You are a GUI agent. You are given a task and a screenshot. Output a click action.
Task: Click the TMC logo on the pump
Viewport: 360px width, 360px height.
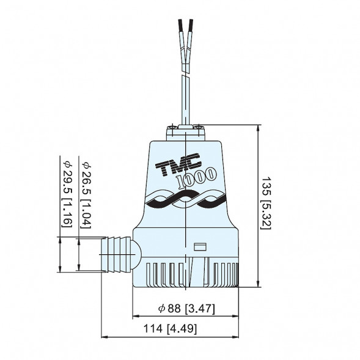[178, 164]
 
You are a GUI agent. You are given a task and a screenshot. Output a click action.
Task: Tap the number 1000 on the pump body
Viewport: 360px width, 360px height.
[197, 178]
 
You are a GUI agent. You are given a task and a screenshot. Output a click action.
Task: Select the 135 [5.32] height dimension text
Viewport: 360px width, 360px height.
[266, 203]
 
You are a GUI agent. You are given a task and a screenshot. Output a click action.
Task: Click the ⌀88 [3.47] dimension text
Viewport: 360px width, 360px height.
[186, 308]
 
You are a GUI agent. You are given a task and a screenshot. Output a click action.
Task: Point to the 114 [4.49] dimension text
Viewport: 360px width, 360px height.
[170, 329]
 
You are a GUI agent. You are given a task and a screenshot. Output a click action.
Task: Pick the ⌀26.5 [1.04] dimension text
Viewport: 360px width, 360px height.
[87, 195]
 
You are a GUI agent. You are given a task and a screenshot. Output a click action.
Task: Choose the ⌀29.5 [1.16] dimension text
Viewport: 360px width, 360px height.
[67, 194]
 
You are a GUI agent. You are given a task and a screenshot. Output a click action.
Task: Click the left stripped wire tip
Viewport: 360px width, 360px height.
[180, 26]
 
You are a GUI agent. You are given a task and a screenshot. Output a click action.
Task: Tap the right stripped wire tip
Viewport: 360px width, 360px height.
[190, 26]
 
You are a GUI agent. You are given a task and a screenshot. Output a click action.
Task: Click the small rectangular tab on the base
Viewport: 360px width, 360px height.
[200, 247]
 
